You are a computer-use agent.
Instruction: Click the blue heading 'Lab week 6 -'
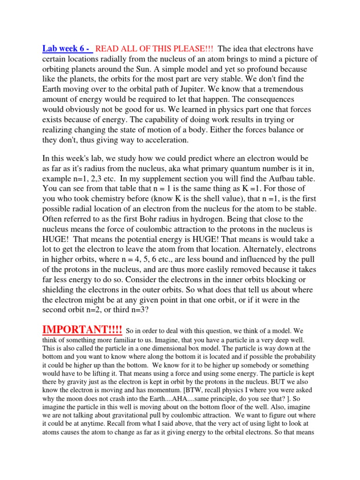tap(67, 49)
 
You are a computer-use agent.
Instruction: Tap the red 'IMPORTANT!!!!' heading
tap(82, 330)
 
